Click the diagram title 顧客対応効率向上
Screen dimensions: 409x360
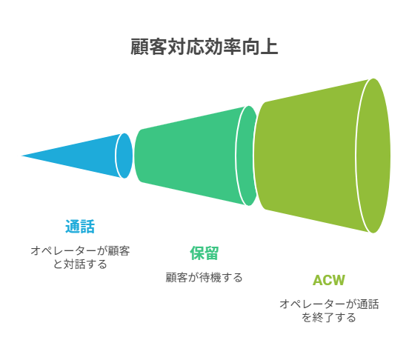pos(204,47)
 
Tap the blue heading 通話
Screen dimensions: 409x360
pos(80,226)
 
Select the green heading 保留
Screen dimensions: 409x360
pos(204,253)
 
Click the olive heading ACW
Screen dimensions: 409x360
pos(329,280)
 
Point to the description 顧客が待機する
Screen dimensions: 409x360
pos(204,277)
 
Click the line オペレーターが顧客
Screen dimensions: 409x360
pos(80,251)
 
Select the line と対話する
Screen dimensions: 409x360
pos(80,264)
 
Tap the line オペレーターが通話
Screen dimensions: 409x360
pos(329,304)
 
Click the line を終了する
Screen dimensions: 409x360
pos(329,317)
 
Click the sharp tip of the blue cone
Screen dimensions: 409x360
pos(21,156)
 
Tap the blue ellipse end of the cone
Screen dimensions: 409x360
pos(124,156)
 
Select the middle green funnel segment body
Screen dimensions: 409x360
pos(187,156)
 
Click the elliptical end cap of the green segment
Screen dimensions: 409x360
pos(247,156)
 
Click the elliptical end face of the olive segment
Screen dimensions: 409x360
pos(373,156)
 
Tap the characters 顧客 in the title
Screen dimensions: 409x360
pos(149,47)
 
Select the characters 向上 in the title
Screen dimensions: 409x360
pos(260,47)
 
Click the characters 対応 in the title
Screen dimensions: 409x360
pos(186,47)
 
